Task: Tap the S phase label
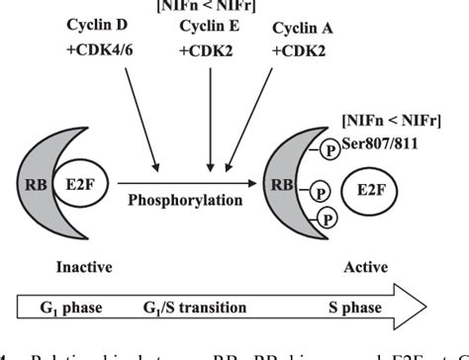coord(356,310)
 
